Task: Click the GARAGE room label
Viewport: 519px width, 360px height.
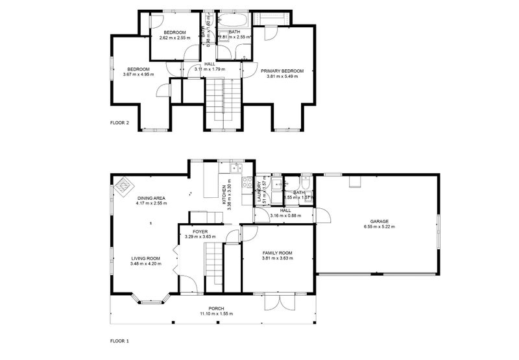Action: [376, 221]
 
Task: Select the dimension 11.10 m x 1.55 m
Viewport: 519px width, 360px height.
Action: [216, 314]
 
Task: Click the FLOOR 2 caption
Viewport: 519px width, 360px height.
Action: [119, 123]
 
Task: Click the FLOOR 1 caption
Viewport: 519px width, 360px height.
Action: [119, 340]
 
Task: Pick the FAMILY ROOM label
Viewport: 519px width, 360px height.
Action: [277, 253]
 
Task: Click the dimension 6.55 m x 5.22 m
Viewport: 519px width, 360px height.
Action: [376, 227]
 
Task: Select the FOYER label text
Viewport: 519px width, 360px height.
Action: [200, 232]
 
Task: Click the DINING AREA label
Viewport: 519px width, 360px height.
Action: [151, 198]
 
